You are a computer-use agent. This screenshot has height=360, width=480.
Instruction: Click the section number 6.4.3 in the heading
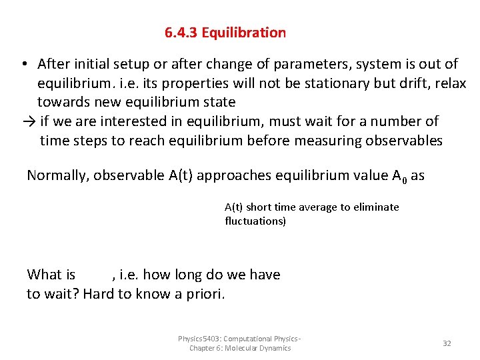181,33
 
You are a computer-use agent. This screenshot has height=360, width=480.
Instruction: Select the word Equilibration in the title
244,33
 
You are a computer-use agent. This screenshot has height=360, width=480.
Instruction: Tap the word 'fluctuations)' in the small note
256,221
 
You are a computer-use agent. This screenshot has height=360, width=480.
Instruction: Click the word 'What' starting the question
44,275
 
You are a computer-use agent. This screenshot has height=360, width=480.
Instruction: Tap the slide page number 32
447,343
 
